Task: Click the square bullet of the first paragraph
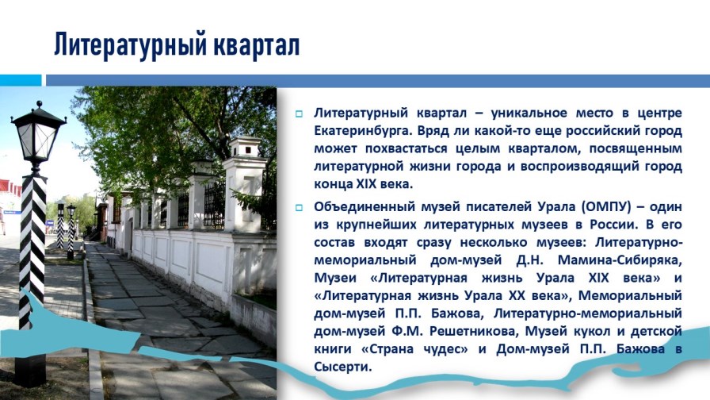tap(299, 113)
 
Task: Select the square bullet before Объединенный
tap(299, 208)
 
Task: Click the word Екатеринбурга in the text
tap(362, 131)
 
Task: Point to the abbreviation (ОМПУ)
tap(606, 207)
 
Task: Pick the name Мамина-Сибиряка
tap(620, 260)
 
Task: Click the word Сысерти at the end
tap(343, 367)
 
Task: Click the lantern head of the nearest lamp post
tap(38, 134)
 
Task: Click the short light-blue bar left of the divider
tap(21, 80)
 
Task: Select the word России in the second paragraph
tap(612, 225)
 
